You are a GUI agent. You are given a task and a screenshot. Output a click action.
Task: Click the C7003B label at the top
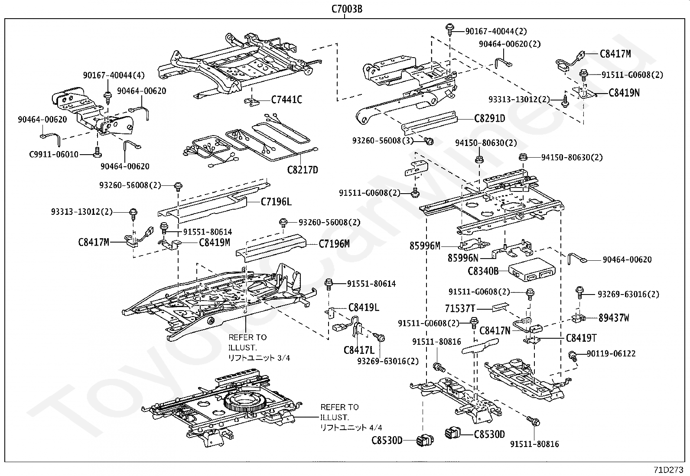(346, 9)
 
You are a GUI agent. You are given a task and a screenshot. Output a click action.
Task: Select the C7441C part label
(286, 100)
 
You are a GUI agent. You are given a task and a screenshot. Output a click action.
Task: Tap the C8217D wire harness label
(303, 169)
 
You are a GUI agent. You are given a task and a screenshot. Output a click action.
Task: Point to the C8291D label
(489, 118)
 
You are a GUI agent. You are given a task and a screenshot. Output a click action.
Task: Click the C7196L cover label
(276, 201)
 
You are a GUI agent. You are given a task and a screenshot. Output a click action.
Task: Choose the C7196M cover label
(334, 244)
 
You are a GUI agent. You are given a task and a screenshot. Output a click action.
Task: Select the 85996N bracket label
(463, 258)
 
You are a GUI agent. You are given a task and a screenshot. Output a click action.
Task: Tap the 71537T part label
(460, 308)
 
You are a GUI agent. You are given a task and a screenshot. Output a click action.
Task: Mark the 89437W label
(614, 318)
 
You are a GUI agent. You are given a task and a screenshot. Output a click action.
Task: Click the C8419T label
(581, 338)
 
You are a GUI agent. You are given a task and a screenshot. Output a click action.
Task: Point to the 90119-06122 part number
(611, 353)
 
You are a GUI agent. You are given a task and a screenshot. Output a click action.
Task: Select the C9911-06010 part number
(54, 154)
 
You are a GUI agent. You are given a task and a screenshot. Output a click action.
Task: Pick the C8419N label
(624, 93)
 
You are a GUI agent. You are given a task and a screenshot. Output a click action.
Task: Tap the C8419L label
(364, 308)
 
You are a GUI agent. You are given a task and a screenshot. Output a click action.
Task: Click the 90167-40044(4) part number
(114, 75)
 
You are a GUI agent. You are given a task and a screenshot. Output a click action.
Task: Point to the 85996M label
(425, 246)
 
